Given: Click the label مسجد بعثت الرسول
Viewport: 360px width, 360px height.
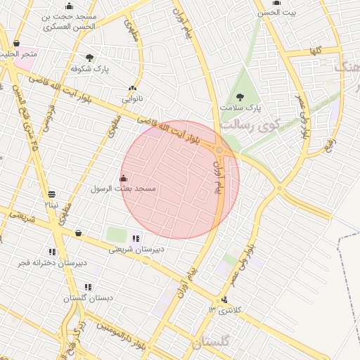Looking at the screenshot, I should click(x=124, y=190).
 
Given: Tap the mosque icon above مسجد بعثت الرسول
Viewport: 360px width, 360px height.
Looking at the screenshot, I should click(x=124, y=178).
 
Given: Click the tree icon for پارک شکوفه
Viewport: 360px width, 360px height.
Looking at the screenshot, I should click(x=89, y=58).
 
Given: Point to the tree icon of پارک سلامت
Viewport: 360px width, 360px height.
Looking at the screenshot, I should click(x=240, y=97).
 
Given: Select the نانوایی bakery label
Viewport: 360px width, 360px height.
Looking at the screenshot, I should click(x=132, y=100).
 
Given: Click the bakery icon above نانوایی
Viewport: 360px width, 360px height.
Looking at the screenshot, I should click(x=132, y=89).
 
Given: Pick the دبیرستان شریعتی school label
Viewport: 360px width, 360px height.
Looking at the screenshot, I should click(x=136, y=249).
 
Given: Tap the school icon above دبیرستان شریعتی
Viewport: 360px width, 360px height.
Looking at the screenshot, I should click(x=136, y=238).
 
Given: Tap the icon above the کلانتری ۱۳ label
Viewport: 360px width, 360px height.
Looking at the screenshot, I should click(x=224, y=300).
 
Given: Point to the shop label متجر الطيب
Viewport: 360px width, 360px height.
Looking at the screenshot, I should click(x=19, y=53).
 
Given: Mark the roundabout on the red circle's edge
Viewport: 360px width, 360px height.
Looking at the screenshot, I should click(x=220, y=150).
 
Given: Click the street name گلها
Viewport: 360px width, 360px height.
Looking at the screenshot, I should click(x=314, y=51).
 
